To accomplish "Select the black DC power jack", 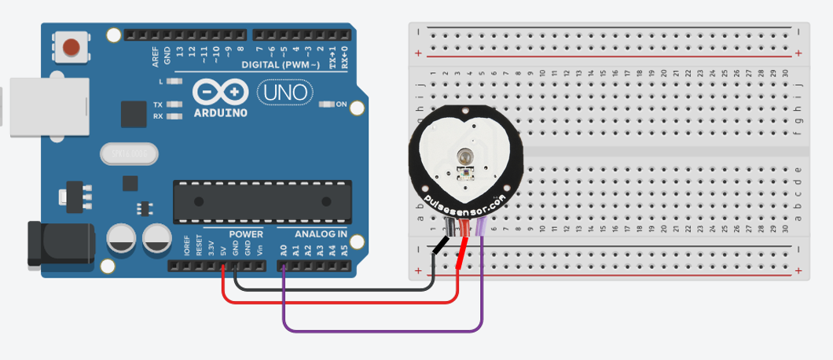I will (59, 244).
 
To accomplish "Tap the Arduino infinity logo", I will (219, 93).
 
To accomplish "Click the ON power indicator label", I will (341, 105).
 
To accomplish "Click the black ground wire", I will (330, 288).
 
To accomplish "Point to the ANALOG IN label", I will (321, 234).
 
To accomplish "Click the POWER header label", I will (245, 234).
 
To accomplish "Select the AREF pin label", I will (156, 56).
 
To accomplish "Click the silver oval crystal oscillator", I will (130, 155).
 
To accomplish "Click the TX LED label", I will (158, 105).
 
